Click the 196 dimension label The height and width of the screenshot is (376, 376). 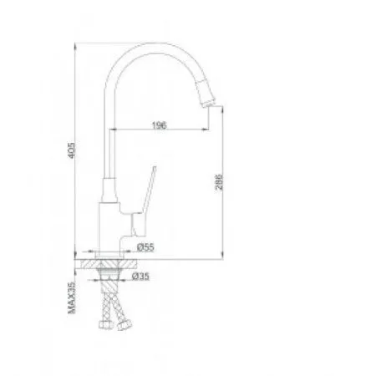[x=160, y=125]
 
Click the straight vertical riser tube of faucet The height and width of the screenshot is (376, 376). [x=108, y=150]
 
